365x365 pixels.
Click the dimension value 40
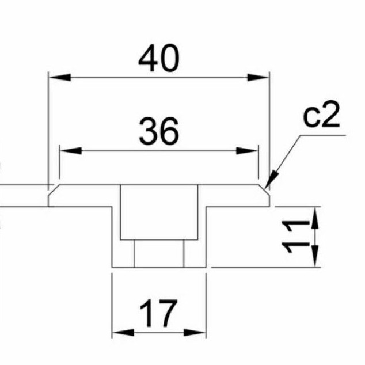[x=159, y=58]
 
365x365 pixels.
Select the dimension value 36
[x=159, y=131]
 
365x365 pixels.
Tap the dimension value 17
[x=158, y=313]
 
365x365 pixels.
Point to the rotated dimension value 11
[x=295, y=237]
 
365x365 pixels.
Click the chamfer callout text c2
[x=321, y=115]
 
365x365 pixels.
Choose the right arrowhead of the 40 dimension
[x=258, y=77]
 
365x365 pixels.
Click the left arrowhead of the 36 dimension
[x=71, y=151]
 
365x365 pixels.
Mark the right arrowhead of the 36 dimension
[x=247, y=151]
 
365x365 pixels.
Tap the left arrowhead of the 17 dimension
[x=123, y=332]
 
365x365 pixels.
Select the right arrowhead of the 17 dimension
[x=195, y=332]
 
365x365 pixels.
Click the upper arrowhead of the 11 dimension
[x=315, y=219]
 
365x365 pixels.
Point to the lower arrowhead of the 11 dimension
[x=315, y=255]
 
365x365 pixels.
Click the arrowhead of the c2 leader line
[x=271, y=180]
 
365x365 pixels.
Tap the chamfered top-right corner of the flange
[x=264, y=190]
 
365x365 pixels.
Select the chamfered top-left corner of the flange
[x=54, y=190]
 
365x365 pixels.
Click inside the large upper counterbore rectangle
[x=159, y=212]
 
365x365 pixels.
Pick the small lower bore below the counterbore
[x=159, y=253]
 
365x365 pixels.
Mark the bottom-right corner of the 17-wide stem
[x=206, y=267]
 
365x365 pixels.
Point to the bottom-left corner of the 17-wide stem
[x=112, y=267]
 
